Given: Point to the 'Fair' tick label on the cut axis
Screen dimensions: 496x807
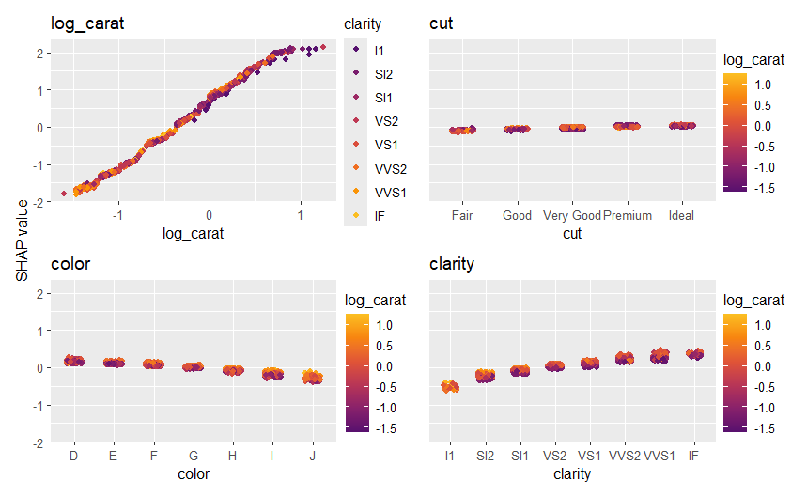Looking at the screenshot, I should pos(461,216).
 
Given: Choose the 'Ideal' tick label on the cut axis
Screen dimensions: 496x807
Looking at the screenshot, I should pos(681,216).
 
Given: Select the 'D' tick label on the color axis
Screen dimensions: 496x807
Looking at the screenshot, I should pos(73,457).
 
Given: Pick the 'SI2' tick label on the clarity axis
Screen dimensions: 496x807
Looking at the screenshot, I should pos(485,457).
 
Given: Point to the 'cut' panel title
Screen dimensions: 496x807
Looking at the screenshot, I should pos(441,23).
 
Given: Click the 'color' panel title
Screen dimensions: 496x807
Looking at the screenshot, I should pos(70,264).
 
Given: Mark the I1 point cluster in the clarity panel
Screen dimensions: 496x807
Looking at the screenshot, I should pos(450,386).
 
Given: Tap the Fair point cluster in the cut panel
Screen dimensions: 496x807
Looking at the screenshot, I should pos(461,131).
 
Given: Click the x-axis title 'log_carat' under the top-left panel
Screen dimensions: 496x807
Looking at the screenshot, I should pos(193,234).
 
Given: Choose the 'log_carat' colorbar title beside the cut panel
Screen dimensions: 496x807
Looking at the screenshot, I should pos(753,61).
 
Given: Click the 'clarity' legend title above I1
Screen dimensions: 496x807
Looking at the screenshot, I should pos(363,23).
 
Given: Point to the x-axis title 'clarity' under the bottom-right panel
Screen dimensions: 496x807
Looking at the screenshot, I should pos(573,474).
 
